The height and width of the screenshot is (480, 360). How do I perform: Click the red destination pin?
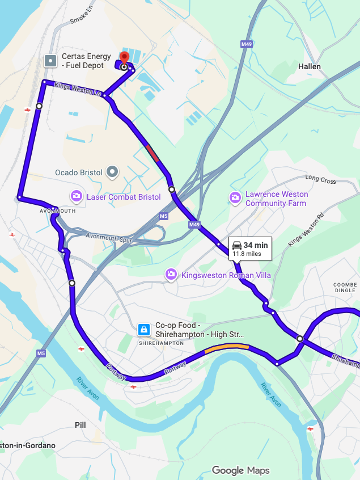[x=124, y=59]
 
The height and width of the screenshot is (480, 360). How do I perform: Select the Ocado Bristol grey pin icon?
[x=113, y=171]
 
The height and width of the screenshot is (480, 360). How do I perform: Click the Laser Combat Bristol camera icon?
[x=77, y=196]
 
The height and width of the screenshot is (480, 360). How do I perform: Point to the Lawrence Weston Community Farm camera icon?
[x=235, y=197]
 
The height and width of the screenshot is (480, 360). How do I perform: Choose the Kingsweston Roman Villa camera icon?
[x=171, y=275]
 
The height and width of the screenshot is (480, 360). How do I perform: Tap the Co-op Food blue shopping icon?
[x=144, y=329]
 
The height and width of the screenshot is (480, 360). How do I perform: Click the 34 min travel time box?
[x=251, y=249]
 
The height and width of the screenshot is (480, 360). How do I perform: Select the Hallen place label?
[x=309, y=66]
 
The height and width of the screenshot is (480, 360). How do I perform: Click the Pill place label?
[x=81, y=424]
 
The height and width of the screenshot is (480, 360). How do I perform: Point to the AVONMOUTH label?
[x=58, y=210]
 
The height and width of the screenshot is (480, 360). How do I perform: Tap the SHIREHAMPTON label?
[x=161, y=343]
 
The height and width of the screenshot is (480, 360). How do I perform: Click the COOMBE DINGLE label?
[x=345, y=287]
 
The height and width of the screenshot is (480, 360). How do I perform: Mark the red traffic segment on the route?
[x=152, y=152]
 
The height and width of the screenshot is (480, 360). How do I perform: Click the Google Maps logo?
[x=240, y=470]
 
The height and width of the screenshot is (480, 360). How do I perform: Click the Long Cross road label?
[x=320, y=179]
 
